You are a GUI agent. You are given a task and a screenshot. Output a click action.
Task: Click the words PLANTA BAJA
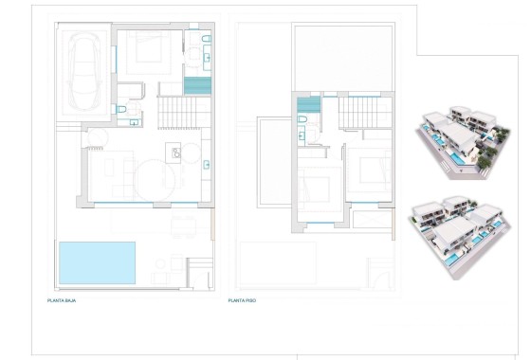point(62,299)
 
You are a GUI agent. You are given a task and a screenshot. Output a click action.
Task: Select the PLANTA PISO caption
point(242,299)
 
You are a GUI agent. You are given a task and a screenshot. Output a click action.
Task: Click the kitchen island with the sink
point(174,152)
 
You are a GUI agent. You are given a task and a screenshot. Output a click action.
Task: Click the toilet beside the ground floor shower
point(206,38)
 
